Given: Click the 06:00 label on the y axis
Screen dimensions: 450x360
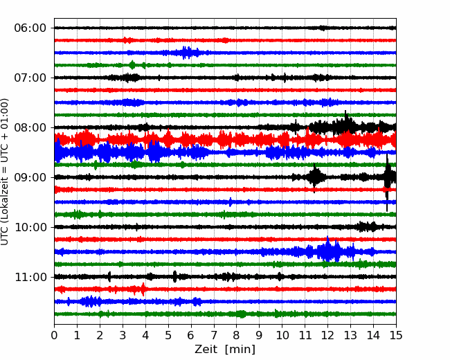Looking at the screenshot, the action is [30, 28].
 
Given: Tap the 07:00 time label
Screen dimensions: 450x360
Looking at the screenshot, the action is [30, 78].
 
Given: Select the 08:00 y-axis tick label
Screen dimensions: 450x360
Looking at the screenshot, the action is [30, 127].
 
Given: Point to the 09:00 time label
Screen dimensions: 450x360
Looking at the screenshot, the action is [30, 177].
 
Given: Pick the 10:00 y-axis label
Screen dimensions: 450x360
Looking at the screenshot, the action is [30, 227].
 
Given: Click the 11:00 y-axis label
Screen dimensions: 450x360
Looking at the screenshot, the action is [30, 277].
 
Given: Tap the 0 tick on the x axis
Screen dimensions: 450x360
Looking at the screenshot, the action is [54, 335].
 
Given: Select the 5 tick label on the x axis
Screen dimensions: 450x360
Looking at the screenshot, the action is [168, 335].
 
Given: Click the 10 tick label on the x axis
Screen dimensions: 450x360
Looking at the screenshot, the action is [282, 335].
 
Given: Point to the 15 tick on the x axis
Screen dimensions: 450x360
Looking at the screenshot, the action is [396, 335].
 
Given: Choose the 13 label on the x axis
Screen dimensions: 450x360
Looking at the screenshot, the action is [350, 335].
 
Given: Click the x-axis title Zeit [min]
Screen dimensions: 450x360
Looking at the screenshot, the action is [225, 349].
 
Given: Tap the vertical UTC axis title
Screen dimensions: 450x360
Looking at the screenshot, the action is [5, 172].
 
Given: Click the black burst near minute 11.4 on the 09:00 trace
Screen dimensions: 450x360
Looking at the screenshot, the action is [315, 177].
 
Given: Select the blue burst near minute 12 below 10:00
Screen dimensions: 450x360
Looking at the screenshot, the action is [327, 251].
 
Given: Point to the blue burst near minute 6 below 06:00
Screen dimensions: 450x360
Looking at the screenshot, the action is [187, 53].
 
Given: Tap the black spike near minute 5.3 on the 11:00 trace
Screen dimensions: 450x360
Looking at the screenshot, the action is [174, 276].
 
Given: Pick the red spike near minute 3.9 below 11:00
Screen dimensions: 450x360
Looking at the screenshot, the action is [143, 289].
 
